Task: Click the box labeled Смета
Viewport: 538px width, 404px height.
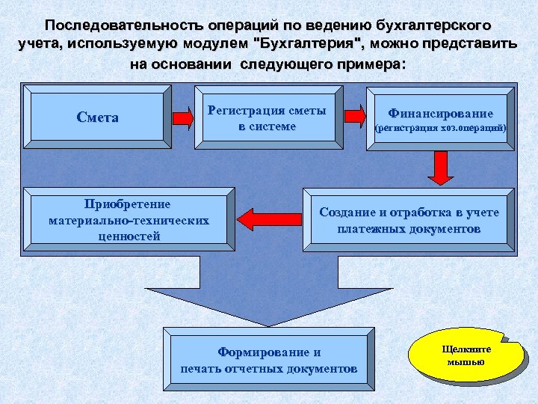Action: click(97, 117)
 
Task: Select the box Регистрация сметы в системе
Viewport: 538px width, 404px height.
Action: click(267, 118)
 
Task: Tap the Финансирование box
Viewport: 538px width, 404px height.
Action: click(439, 120)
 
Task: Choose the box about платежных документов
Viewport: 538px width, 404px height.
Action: click(409, 221)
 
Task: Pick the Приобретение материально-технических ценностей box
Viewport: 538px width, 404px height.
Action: click(128, 220)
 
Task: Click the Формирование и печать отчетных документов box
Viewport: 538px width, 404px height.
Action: click(268, 360)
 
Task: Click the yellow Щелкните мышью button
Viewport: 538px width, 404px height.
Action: click(466, 355)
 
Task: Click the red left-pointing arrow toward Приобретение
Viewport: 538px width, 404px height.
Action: click(257, 218)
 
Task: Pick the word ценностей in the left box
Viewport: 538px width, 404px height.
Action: click(129, 236)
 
